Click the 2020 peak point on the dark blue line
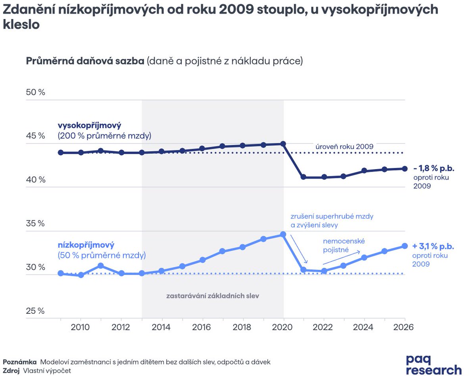coord(283,144)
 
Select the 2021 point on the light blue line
coord(303,270)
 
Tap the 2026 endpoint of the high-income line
coord(405,168)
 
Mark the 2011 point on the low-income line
coord(101,265)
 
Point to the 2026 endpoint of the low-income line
coord(405,246)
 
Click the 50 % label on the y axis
coord(36,92)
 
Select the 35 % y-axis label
coord(36,223)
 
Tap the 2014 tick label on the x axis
coord(161,327)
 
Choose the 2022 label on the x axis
coord(324,327)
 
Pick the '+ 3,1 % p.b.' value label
coord(433,246)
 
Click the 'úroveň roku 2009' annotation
coord(344,146)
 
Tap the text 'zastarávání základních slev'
coord(213,296)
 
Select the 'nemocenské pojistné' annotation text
coord(344,245)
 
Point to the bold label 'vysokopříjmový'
coord(89,126)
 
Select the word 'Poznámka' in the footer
coord(20,362)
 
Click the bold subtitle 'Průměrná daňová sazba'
coord(85,61)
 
